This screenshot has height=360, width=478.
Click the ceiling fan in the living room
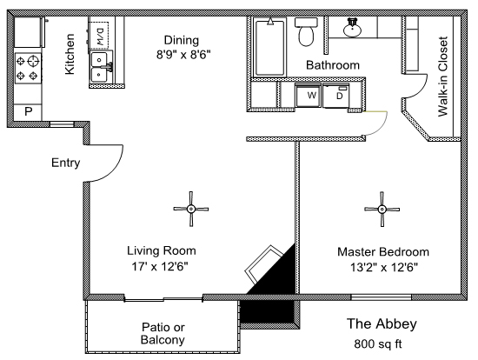coord(191,209)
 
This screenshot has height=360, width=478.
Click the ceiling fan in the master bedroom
coord(382,210)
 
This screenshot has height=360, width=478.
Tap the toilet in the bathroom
coord(306,31)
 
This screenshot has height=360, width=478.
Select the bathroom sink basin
coord(352,28)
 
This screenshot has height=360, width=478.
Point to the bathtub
coord(269,47)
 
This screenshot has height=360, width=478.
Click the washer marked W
coord(308,95)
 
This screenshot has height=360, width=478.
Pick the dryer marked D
coord(335,96)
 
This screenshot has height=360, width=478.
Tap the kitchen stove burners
coord(28,69)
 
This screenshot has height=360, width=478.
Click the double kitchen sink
coord(101,67)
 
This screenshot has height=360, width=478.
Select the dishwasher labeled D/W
coord(99,35)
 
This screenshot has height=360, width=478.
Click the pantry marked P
coord(28,111)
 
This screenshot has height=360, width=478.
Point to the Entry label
coord(65,163)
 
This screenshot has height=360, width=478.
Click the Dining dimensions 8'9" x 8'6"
coord(183,55)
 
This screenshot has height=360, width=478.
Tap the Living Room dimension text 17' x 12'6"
coord(160,267)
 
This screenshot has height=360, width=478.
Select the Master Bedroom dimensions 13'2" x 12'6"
coord(384,268)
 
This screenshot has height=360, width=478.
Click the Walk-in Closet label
coord(443,77)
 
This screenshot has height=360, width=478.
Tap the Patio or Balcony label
coord(163,333)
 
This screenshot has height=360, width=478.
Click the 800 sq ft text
coord(378,343)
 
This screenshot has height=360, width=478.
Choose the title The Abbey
coord(382,324)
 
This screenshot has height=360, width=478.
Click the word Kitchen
coord(70,54)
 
